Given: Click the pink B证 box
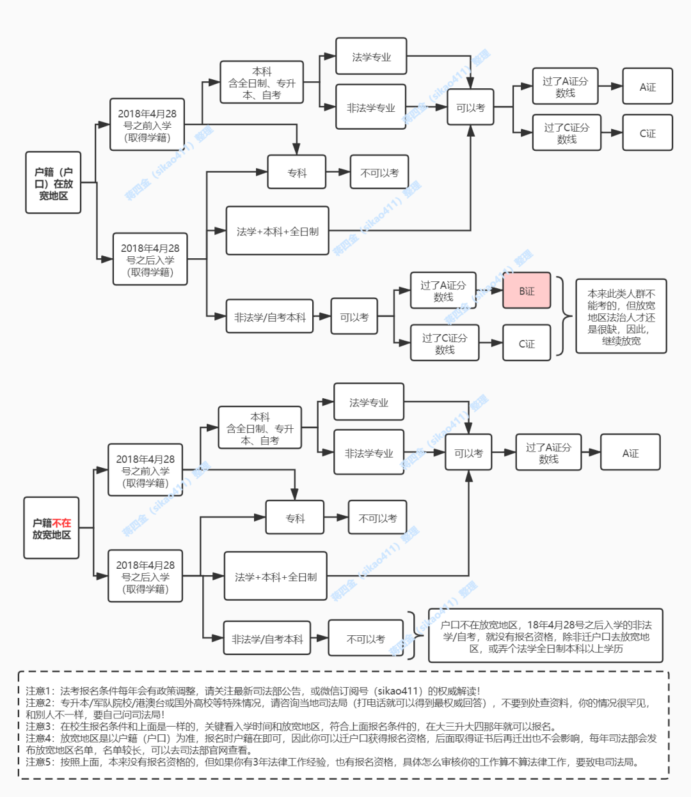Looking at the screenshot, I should coord(526,291).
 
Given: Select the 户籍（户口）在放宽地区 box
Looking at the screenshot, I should coord(53,183).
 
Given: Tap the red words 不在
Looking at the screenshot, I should coord(61,523).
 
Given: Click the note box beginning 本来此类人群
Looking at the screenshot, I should coord(621,316).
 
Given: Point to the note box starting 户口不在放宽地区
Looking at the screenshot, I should coord(545,636).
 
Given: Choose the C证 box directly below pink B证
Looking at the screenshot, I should coord(526,343).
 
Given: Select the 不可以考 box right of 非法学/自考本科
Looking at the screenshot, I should coord(365,638).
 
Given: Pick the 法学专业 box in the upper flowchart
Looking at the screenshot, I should coord(371,57).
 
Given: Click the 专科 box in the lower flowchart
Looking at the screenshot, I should coord(295,518).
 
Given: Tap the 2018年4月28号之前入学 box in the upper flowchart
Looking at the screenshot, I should coord(147,125).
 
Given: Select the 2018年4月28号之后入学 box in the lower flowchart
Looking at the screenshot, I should coord(145,576).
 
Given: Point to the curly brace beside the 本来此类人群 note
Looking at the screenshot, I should coord(563,316).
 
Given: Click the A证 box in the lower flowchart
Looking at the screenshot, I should coord(630,453).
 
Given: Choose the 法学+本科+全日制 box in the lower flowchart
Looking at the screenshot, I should coord(275,576).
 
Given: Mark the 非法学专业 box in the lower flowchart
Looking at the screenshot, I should coord(369,453).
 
